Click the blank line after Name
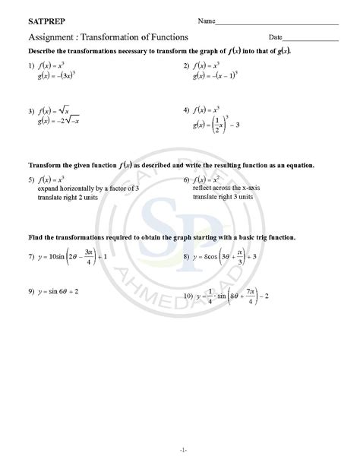pos(277,24)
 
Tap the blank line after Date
pos(311,39)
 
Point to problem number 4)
pos(186,110)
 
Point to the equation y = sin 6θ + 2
pos(58,291)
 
